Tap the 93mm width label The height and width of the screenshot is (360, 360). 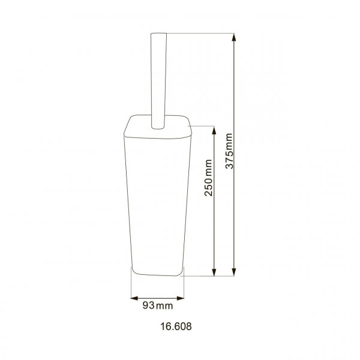pyautogui.click(x=157, y=307)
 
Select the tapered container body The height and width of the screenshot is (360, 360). pyautogui.click(x=157, y=198)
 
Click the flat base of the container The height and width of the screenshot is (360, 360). pyautogui.click(x=157, y=274)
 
